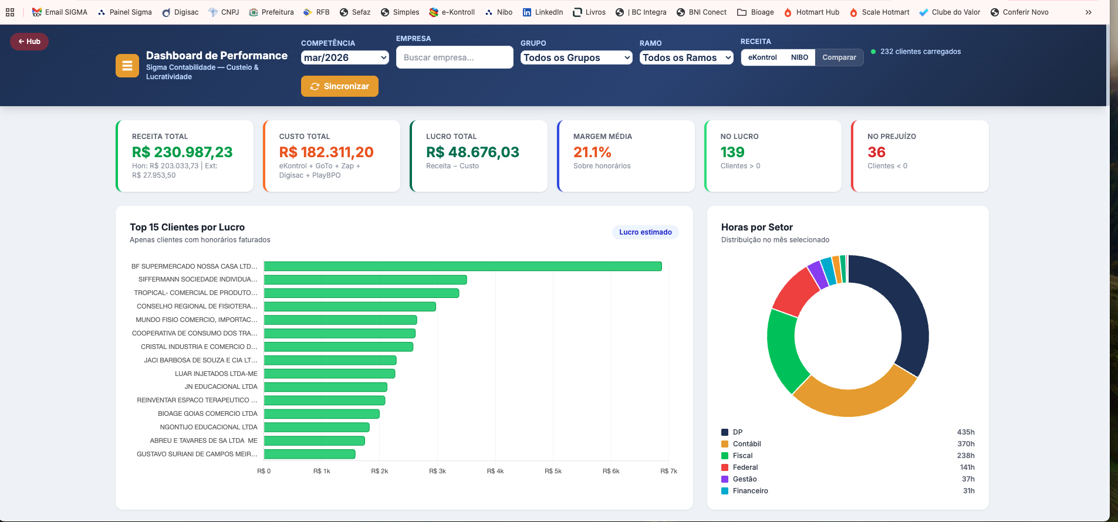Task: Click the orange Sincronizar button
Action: tap(340, 86)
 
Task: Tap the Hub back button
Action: tap(29, 42)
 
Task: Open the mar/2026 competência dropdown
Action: tap(345, 57)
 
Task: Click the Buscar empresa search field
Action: tap(455, 57)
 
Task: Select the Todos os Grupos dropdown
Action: tap(576, 57)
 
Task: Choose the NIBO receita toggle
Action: tap(799, 57)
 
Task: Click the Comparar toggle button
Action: tap(839, 57)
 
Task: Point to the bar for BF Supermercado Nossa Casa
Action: tap(463, 266)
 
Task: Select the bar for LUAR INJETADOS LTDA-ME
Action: tap(330, 374)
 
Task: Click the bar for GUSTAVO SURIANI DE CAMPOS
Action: tap(310, 454)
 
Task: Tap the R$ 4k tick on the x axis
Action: tap(495, 471)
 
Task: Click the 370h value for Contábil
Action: tap(966, 444)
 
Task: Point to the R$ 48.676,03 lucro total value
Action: tap(472, 152)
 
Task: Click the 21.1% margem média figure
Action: tap(592, 152)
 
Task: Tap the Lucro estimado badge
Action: tap(646, 232)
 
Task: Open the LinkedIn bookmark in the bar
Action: tap(543, 12)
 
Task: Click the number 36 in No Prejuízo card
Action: tap(876, 152)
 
